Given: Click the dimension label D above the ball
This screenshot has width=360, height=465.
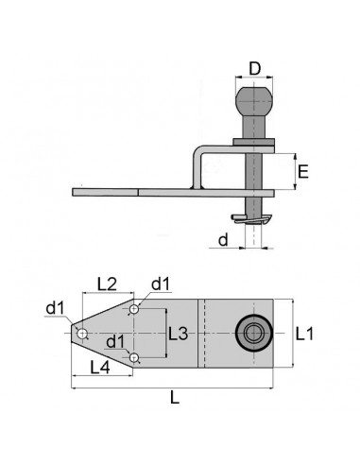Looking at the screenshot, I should pyautogui.click(x=254, y=68).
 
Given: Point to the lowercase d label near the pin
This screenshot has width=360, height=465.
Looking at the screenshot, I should pyautogui.click(x=223, y=241).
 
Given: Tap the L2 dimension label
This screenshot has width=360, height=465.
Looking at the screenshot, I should pyautogui.click(x=106, y=284).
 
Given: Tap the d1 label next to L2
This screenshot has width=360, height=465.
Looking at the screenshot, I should pyautogui.click(x=161, y=283).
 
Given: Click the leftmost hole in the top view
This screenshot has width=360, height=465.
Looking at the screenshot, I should pyautogui.click(x=83, y=334).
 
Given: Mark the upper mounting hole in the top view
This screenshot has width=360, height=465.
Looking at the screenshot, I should pyautogui.click(x=136, y=309).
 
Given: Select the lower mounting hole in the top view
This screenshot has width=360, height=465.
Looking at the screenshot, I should pyautogui.click(x=136, y=357).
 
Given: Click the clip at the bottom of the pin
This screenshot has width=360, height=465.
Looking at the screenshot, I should pyautogui.click(x=254, y=220).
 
